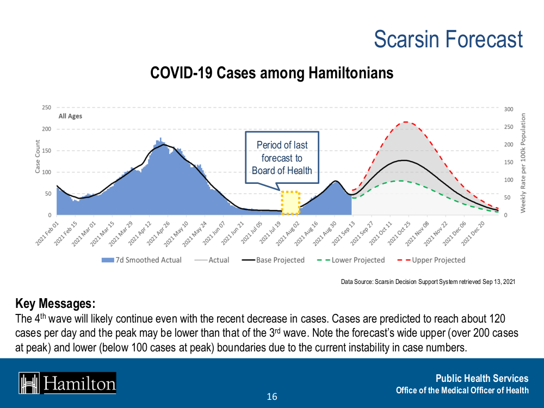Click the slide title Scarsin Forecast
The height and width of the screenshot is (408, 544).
click(x=448, y=40)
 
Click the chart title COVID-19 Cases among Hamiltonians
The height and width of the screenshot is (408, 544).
click(x=271, y=73)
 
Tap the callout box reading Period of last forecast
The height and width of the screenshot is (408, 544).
click(x=282, y=158)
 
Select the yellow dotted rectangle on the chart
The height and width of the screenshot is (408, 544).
click(x=290, y=202)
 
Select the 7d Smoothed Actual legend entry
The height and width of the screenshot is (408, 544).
click(x=143, y=260)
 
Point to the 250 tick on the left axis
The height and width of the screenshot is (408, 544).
click(x=47, y=108)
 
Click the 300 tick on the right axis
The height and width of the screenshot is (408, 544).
click(x=509, y=109)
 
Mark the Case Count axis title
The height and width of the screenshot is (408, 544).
click(x=38, y=158)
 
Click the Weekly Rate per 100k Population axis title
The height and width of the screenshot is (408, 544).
click(x=523, y=163)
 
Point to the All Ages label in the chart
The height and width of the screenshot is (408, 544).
click(x=70, y=116)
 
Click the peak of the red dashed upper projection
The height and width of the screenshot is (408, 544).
click(x=405, y=122)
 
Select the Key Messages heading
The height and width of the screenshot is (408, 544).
click(x=55, y=303)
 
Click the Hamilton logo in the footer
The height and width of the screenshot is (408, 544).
click(x=67, y=383)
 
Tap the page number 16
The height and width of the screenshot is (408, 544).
click(x=272, y=397)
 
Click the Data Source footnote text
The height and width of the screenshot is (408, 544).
click(x=428, y=282)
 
